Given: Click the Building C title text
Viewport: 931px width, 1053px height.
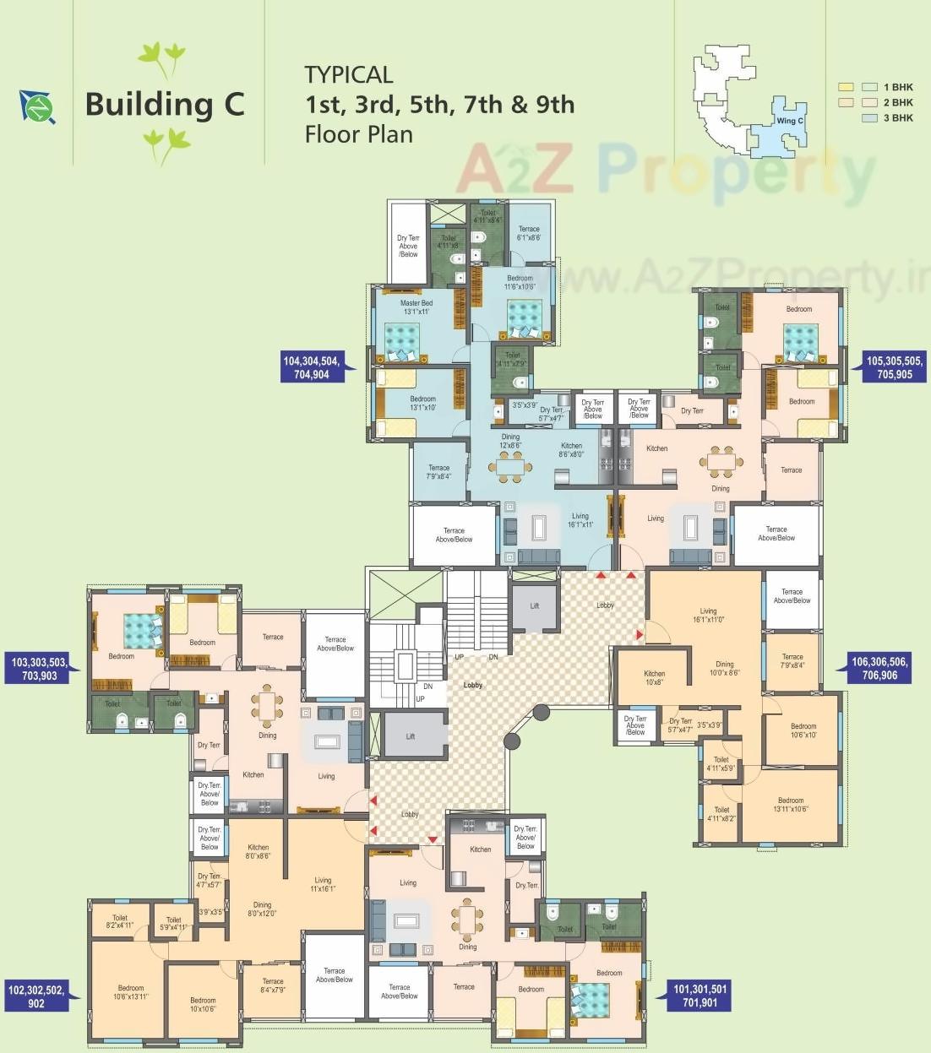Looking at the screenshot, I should click(x=165, y=105).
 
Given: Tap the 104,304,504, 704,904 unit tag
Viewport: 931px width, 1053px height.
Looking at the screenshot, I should click(x=312, y=367).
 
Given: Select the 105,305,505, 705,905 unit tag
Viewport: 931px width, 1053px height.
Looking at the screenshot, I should click(x=895, y=367).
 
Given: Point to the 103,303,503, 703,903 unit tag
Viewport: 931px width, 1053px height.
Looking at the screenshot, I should click(x=40, y=669).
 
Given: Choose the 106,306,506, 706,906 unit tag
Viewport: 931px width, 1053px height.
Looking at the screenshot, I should click(x=879, y=668).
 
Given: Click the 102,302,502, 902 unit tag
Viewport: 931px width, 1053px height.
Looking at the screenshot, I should click(x=36, y=996).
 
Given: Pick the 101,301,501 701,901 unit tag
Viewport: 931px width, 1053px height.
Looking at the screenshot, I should click(x=700, y=996).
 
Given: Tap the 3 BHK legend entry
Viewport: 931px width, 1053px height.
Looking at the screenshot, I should click(x=897, y=118).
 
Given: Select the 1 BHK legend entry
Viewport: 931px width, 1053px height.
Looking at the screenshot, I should click(x=897, y=87).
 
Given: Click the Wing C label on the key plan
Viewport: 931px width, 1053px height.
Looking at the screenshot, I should click(x=790, y=121).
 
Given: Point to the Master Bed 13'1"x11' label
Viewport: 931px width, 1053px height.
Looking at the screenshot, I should click(x=416, y=307).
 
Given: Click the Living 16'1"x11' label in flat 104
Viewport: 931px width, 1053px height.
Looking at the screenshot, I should click(x=580, y=520).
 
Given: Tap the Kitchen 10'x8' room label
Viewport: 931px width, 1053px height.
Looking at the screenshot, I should click(x=654, y=678).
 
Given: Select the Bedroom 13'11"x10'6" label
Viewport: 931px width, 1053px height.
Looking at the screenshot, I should click(x=791, y=805).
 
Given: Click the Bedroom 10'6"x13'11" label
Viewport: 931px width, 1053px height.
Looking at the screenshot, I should click(x=131, y=992).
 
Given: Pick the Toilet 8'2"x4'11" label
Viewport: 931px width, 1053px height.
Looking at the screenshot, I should click(x=120, y=921).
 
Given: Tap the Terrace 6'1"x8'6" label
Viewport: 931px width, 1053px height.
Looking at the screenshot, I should click(x=529, y=233).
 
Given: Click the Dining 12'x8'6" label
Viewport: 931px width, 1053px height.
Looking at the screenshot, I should click(x=510, y=441).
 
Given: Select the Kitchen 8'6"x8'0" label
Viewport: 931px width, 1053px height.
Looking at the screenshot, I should click(x=571, y=449).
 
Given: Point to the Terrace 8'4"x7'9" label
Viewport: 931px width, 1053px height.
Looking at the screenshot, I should click(x=273, y=985).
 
